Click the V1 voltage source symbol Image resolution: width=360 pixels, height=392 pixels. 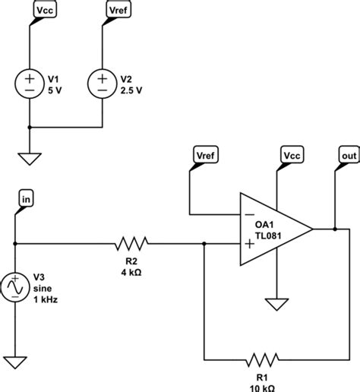pos(29,83)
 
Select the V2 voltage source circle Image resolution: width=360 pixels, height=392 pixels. pos(103,83)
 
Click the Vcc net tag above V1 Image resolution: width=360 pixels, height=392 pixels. pos(45,11)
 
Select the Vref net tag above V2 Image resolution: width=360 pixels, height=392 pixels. pos(118,11)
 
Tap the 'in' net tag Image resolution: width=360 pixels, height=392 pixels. pos(27,198)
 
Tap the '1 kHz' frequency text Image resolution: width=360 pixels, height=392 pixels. pos(46,299)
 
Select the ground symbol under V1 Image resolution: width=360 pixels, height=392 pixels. pos(29,159)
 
